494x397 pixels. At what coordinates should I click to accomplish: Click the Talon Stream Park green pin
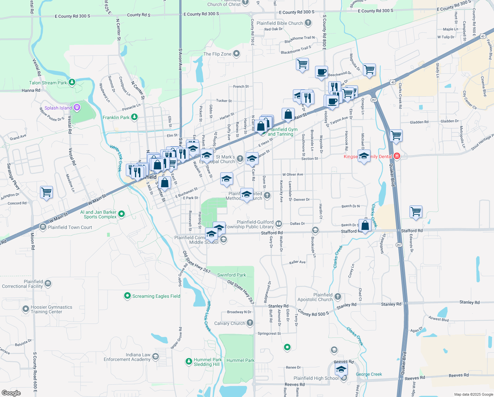click(72, 82)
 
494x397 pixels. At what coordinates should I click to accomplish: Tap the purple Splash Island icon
click(77, 107)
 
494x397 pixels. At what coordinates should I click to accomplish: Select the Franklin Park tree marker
click(134, 117)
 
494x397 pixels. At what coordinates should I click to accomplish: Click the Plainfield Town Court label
click(70, 227)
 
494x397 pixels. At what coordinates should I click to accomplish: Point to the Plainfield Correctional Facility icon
click(48, 284)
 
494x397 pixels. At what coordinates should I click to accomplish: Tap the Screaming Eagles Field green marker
click(127, 296)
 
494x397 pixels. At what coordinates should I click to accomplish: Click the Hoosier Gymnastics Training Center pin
click(26, 309)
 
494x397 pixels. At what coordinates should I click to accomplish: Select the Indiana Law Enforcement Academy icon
click(156, 357)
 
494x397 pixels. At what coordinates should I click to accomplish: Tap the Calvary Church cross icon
click(250, 323)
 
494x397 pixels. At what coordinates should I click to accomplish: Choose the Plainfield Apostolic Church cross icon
click(337, 296)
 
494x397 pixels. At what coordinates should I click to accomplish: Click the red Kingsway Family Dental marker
click(397, 156)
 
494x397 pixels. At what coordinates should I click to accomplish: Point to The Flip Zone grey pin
click(236, 54)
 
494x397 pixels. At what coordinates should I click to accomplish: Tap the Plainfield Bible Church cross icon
click(308, 23)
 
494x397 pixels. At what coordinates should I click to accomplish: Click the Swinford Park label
click(231, 275)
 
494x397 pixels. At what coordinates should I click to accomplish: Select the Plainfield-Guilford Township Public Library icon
click(279, 224)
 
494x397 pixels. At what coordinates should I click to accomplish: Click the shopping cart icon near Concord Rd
click(47, 192)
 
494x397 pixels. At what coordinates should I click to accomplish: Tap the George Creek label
click(369, 374)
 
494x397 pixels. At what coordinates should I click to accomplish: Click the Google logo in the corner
click(11, 393)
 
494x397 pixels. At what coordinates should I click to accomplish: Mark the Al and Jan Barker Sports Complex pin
click(122, 214)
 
